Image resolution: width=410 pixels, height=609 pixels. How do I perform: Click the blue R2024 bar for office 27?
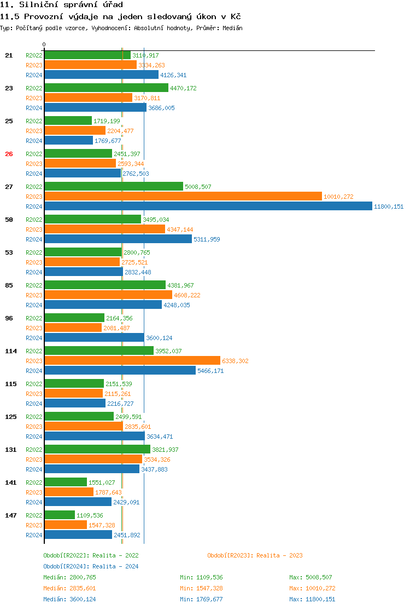[208, 206]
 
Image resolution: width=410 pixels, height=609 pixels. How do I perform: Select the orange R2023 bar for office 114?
[132, 361]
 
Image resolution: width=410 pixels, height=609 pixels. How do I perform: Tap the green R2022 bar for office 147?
[60, 515]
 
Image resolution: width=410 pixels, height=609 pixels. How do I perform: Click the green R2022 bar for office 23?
[106, 88]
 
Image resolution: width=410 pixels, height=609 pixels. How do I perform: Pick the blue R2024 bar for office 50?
[118, 239]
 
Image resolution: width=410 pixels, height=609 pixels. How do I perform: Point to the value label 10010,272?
[339, 197]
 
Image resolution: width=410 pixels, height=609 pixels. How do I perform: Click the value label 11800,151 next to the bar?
[389, 206]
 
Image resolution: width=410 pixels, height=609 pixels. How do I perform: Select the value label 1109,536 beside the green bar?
[90, 515]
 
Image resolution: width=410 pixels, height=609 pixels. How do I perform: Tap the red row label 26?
[9, 154]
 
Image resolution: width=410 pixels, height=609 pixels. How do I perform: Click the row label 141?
[10, 482]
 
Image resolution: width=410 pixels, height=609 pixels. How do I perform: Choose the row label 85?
[9, 285]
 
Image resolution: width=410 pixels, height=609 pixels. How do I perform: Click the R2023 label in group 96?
[34, 328]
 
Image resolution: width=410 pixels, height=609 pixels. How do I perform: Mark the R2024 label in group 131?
[34, 469]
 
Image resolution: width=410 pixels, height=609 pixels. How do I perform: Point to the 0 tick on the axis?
[44, 44]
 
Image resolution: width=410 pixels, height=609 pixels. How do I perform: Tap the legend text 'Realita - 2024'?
[115, 566]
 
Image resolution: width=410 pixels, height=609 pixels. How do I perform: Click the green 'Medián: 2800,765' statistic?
[69, 577]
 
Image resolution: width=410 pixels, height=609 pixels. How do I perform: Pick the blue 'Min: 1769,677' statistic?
[201, 599]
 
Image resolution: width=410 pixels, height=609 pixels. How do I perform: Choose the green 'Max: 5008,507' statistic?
[311, 577]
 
